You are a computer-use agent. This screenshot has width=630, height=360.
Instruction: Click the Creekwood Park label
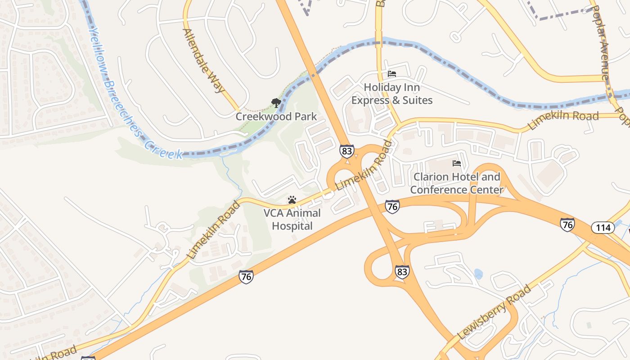point(276,117)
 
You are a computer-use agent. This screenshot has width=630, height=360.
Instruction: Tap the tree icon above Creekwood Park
point(276,103)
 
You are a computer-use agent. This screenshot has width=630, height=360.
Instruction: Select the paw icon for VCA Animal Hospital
point(292,199)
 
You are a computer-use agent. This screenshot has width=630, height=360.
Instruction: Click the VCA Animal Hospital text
point(292,219)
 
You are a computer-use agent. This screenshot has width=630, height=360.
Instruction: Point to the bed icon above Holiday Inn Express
point(392,73)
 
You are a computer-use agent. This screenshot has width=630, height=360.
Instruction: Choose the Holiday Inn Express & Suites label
point(392,94)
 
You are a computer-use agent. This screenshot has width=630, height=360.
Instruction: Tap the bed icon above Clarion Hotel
point(457,163)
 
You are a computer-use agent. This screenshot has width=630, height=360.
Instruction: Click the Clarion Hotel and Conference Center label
point(457,183)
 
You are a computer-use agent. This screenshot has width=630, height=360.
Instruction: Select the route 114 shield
point(603,227)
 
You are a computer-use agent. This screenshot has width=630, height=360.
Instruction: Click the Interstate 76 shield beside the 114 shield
point(567,224)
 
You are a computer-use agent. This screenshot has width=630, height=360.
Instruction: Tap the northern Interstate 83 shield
point(346,151)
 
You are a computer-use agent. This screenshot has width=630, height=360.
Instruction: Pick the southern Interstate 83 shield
point(402,272)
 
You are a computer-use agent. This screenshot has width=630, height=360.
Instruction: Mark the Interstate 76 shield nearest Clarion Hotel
point(392,207)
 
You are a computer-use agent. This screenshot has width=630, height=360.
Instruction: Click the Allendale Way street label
point(203,60)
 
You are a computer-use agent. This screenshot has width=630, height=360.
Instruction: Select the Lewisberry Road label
point(494,312)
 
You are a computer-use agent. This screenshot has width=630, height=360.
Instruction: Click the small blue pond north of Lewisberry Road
point(478,274)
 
